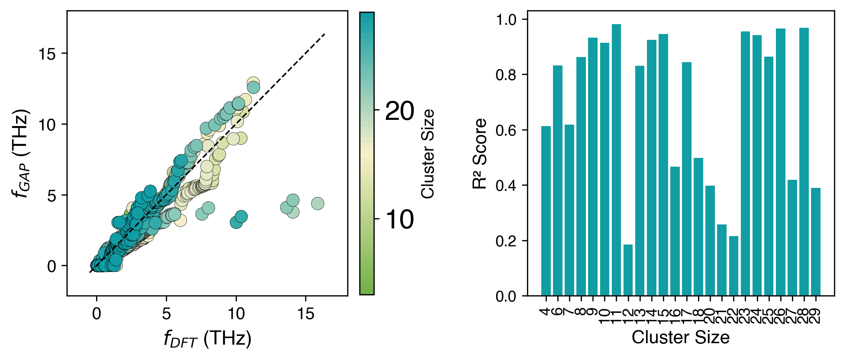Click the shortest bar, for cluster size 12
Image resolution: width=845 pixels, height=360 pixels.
(628, 270)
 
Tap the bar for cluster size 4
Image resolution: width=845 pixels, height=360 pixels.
(546, 211)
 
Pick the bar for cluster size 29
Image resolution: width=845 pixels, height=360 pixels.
(816, 242)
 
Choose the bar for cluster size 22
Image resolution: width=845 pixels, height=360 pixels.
(734, 266)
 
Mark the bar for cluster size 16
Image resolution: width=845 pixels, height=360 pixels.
(675, 231)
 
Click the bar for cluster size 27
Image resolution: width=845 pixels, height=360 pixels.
(792, 238)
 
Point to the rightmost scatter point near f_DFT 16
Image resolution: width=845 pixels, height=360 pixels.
(318, 204)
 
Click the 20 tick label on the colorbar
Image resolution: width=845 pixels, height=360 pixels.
(399, 111)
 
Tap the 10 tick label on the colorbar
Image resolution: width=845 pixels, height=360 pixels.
(399, 220)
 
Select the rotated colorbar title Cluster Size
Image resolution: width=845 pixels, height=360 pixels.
(428, 154)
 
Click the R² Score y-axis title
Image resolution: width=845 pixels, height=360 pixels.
(480, 154)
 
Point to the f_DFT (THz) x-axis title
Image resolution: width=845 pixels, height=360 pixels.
(207, 339)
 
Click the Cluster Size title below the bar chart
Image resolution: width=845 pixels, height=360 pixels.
(681, 337)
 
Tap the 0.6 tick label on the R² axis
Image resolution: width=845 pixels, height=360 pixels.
(506, 130)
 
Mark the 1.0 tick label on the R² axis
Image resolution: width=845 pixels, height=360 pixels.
(506, 20)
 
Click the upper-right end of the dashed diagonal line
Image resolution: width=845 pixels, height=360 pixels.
(325, 34)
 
